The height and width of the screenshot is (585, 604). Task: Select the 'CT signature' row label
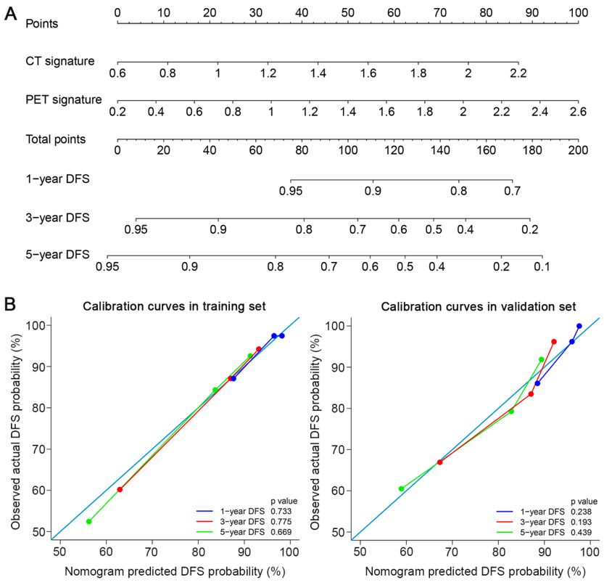(59, 61)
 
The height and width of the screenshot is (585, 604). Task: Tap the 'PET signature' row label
(63, 99)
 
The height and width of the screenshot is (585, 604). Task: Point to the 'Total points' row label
(56, 138)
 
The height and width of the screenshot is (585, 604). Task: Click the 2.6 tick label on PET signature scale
(577, 112)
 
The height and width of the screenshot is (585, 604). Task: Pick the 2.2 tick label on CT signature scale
(518, 73)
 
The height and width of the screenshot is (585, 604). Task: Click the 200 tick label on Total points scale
(577, 151)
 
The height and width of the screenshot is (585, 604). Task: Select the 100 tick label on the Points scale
(577, 12)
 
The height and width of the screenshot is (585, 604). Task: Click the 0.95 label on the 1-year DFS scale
(290, 191)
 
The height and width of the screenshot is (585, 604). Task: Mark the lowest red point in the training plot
(120, 489)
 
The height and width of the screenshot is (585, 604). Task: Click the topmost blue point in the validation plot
(579, 327)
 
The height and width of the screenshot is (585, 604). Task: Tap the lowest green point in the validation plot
(401, 488)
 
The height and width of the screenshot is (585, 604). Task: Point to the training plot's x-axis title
(174, 571)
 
